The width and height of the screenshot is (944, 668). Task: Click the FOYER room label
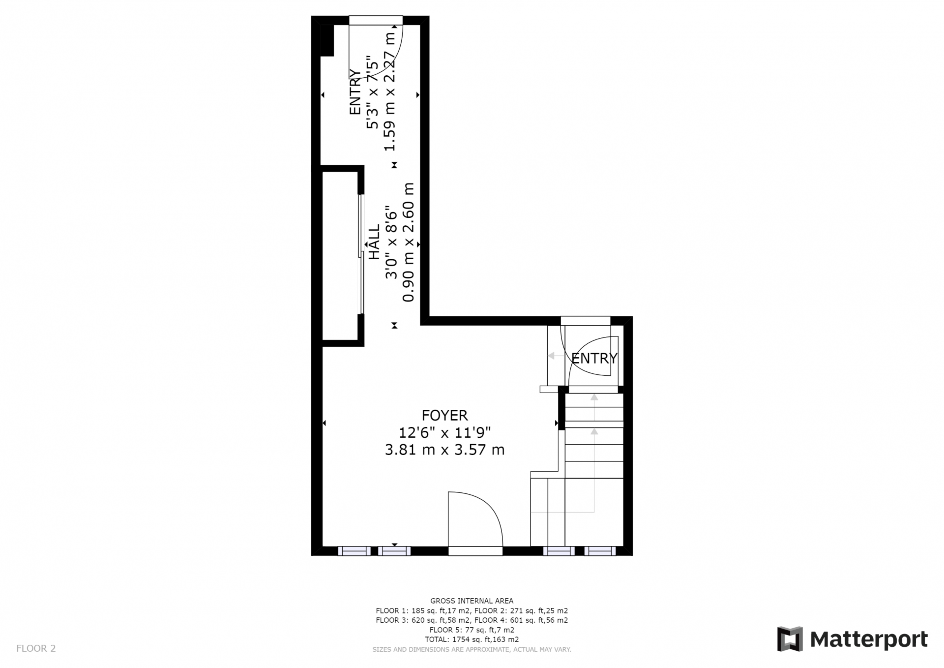(444, 416)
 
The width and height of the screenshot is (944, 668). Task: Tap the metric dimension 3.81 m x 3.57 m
(444, 450)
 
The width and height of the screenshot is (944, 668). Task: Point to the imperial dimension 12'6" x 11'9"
(444, 432)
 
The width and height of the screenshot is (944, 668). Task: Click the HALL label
(374, 242)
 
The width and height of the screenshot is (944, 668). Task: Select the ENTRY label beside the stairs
(594, 358)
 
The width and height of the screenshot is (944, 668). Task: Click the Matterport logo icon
(790, 639)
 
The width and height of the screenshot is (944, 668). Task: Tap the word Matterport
(869, 639)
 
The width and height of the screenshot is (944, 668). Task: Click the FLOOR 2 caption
(36, 648)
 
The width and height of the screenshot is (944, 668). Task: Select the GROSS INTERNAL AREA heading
(472, 601)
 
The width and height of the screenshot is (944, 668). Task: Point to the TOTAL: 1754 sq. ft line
(472, 639)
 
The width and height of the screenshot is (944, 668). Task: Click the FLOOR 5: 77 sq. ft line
(472, 630)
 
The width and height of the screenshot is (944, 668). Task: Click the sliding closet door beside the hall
(360, 254)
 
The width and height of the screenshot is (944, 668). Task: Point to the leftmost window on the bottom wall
(354, 551)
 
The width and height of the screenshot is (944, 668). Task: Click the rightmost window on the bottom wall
(600, 551)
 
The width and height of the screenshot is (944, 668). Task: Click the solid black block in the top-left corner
(327, 40)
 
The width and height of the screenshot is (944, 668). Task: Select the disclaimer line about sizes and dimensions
(472, 649)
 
